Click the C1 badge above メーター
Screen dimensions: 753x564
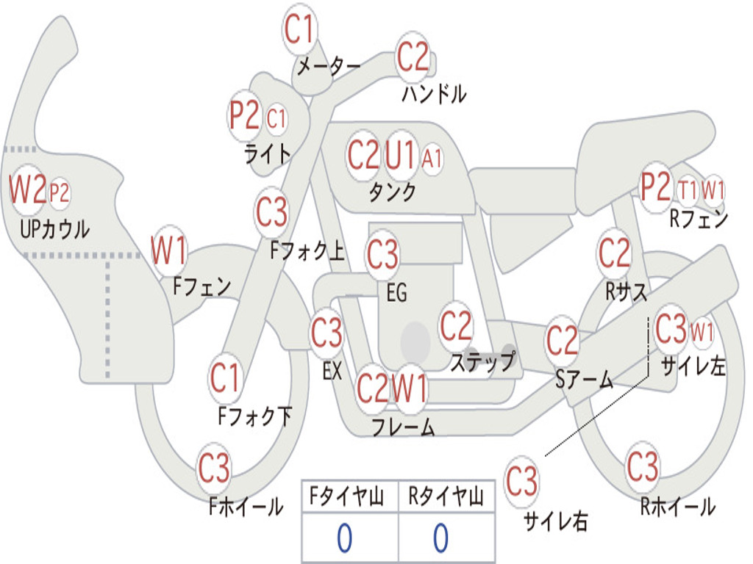300,30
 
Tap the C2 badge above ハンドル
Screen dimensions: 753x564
413,57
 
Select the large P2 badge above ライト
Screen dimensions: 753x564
244,116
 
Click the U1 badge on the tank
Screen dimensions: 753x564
402,155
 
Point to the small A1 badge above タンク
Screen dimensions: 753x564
432,157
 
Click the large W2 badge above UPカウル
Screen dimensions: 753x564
27,190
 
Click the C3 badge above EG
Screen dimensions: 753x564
382,255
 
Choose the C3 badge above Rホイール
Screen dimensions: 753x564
643,466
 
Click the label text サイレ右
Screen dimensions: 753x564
556,521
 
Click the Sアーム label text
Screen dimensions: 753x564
584,379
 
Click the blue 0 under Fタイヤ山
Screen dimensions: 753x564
344,538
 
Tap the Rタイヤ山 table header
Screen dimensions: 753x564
446,498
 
